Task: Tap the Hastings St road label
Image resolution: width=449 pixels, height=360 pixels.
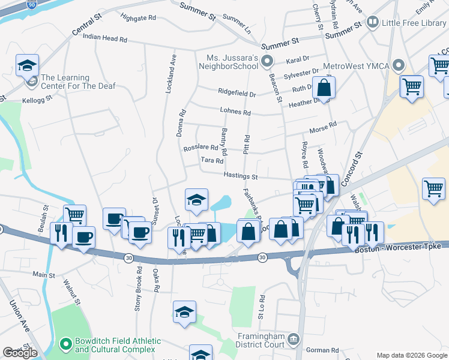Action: [240, 177]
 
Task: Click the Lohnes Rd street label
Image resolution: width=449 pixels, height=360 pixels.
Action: [235, 112]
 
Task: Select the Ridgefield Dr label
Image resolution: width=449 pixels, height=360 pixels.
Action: [237, 94]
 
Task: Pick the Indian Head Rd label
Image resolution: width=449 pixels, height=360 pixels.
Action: [105, 37]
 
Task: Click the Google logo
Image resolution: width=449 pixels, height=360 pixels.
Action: [20, 353]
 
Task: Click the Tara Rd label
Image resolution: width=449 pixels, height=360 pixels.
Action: [212, 160]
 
